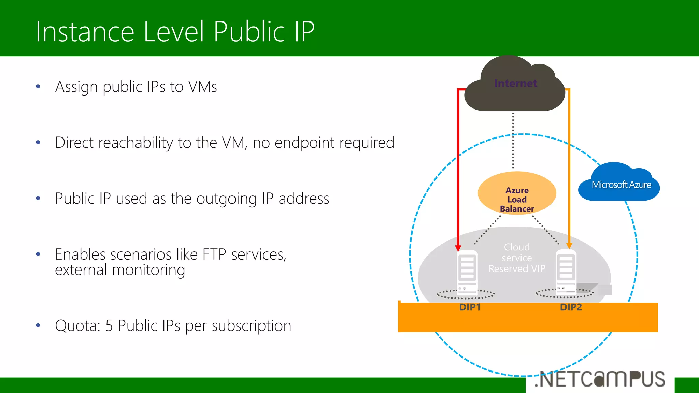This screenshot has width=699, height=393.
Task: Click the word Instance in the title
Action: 85,32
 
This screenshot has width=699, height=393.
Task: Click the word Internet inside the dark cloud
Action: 515,83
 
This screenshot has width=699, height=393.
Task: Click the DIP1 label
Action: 470,307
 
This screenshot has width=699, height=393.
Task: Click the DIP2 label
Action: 571,307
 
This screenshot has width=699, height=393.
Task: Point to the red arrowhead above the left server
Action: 458,248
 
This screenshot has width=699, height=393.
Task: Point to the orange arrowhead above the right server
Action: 569,246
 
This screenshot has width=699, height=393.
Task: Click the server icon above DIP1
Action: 467,272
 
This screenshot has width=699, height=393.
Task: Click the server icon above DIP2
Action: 566,272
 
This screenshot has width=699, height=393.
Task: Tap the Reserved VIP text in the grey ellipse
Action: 517,269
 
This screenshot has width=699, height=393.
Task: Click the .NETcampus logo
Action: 600,379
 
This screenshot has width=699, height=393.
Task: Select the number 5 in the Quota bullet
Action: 109,326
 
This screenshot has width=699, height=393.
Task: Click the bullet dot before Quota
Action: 38,325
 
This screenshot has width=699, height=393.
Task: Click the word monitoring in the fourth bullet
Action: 148,270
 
